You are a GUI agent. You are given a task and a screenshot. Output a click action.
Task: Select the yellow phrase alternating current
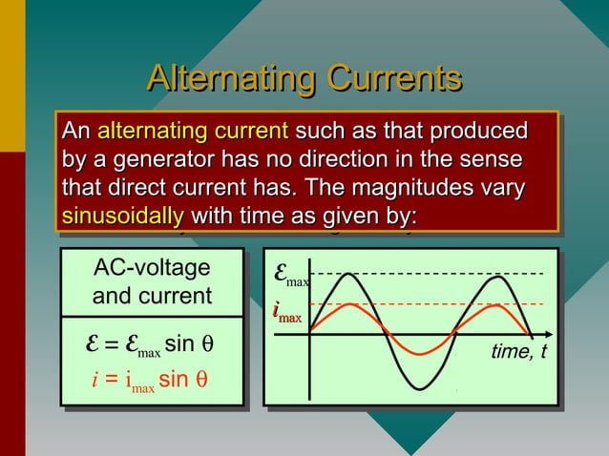pos(193,130)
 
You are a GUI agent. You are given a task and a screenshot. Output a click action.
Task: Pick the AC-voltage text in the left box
pos(152,269)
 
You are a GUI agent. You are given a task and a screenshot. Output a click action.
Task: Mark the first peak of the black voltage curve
pos(347,275)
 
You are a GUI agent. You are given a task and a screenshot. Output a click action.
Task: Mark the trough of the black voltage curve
pos(422,387)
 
